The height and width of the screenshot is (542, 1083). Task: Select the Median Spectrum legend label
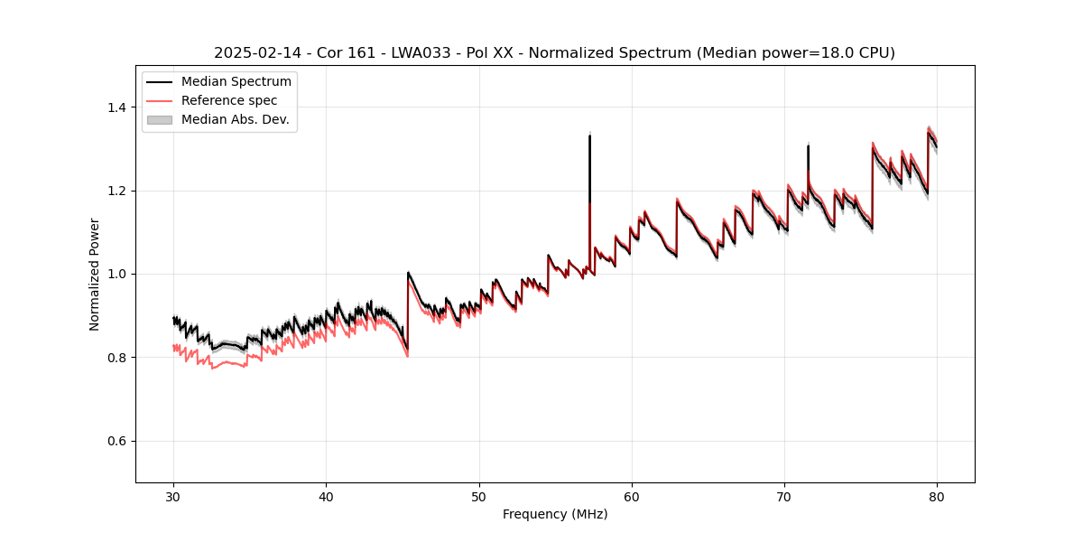coord(236,82)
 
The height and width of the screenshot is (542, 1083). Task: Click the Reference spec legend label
coord(229,100)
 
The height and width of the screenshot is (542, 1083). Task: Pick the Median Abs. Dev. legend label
coord(236,119)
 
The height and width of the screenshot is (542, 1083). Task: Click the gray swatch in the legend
coord(160,119)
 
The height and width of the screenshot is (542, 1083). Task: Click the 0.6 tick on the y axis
coord(117,441)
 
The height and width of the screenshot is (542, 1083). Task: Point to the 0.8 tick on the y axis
coord(117,358)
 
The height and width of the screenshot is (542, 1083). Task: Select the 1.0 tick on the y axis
coord(117,274)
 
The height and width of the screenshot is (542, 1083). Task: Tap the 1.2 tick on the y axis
coord(117,191)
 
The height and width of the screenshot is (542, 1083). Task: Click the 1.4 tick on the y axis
coord(117,107)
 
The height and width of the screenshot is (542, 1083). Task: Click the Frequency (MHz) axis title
coord(555,514)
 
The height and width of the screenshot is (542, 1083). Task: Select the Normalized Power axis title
coord(95,274)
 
